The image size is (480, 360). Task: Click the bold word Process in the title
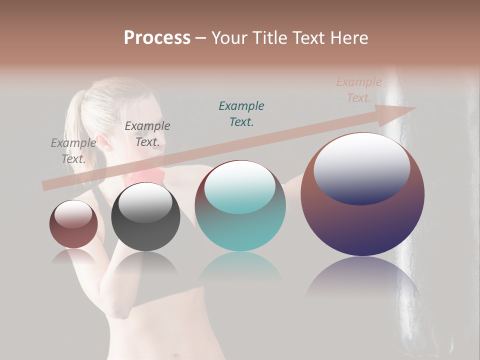coord(157,38)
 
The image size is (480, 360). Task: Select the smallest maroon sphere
coord(73,224)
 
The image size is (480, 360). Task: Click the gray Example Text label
coord(73,150)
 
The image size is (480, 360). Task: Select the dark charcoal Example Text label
coord(147,134)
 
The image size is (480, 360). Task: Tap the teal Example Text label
coord(241,113)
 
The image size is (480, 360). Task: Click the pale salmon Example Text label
coord(359,90)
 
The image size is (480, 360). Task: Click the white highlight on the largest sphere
coord(362,167)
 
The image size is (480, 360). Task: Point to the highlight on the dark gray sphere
coord(145,202)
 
